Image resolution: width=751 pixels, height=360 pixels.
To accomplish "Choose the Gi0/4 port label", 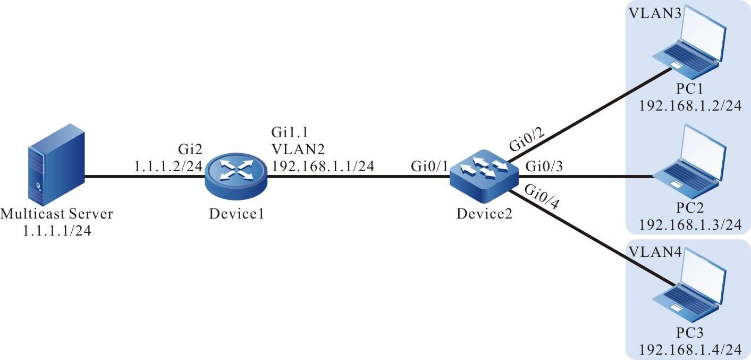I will pyautogui.click(x=539, y=197).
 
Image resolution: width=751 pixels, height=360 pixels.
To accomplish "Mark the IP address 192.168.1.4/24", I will pyautogui.click(x=690, y=350).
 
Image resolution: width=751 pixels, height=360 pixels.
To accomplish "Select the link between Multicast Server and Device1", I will pyautogui.click(x=144, y=176).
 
